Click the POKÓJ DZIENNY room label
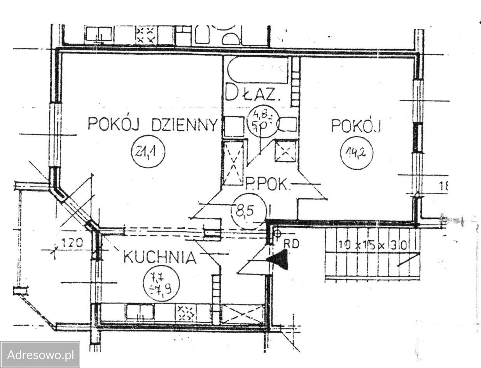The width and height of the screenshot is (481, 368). click(152, 125)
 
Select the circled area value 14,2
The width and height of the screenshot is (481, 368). click(356, 152)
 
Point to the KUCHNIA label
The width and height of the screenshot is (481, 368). click(159, 258)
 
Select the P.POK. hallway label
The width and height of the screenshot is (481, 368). click(268, 183)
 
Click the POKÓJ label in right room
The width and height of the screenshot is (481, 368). click(355, 125)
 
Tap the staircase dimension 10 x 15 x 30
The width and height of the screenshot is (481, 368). click(372, 245)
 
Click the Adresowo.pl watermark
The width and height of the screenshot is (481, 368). click(40, 355)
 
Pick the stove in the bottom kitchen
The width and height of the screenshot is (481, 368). click(185, 313)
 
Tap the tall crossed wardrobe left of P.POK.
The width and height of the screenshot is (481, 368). click(234, 162)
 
